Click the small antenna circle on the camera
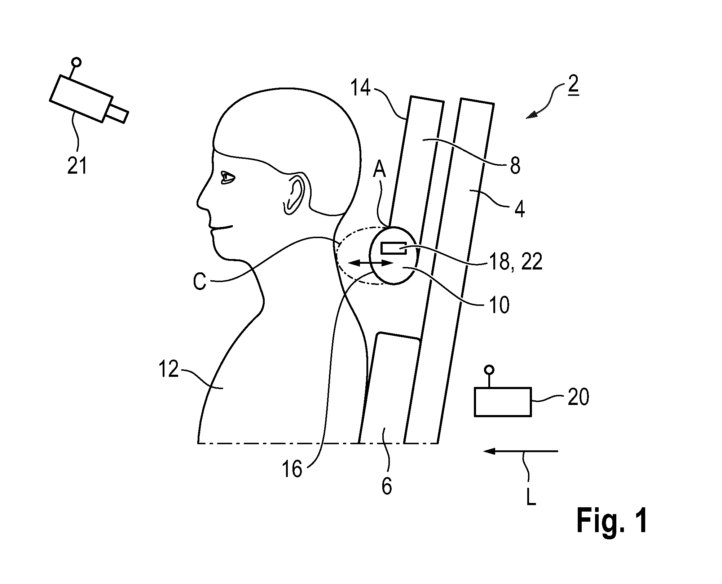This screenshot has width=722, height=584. (x=76, y=62)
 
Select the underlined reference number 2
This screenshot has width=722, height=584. (x=573, y=85)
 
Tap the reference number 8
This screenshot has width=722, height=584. (x=515, y=166)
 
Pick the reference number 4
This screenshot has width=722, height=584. (x=519, y=209)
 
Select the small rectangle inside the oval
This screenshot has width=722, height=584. (x=394, y=249)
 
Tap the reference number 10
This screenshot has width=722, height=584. (x=499, y=305)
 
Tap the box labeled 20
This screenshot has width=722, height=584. (x=502, y=402)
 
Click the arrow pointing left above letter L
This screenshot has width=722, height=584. (x=521, y=451)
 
